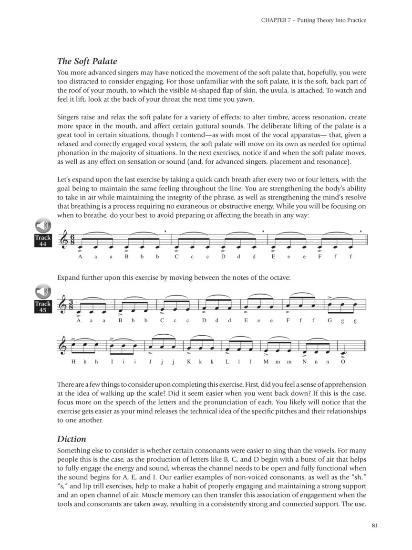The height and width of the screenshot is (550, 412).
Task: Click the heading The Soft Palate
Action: (87, 61)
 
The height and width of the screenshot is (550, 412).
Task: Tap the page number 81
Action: (374, 526)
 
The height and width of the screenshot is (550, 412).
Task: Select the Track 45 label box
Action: (43, 307)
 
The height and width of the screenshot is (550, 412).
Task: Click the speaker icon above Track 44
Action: (43, 226)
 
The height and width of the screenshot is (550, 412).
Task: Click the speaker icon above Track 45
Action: (43, 291)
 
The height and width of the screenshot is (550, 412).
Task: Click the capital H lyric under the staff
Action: (73, 362)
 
